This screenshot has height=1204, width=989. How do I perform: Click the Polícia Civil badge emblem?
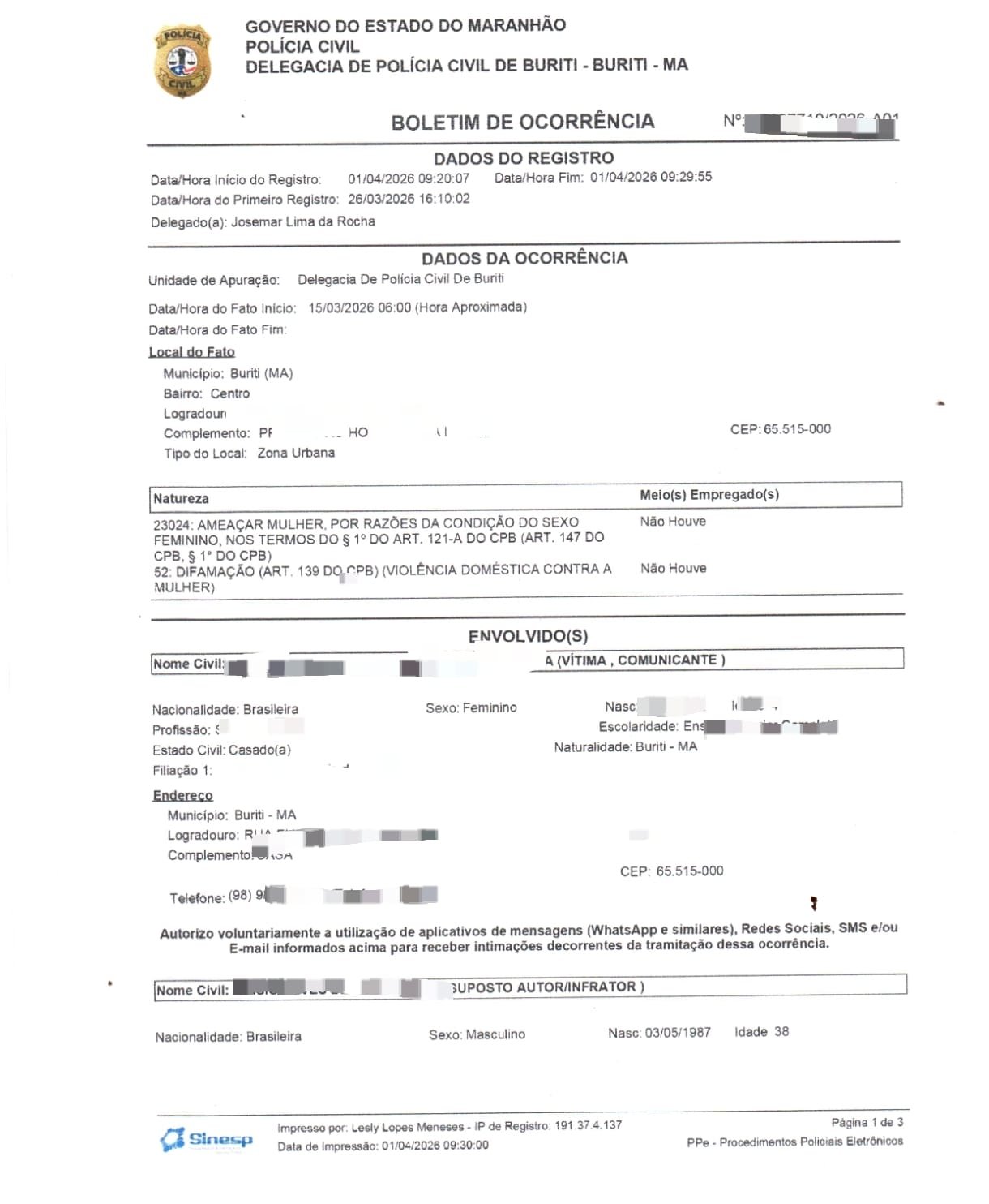click(182, 61)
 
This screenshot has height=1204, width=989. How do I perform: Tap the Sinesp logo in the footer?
click(207, 1139)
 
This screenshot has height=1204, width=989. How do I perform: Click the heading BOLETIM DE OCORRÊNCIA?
click(522, 123)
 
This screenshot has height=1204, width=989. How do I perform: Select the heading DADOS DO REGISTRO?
click(524, 158)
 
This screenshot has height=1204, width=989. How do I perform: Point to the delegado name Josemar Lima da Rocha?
click(302, 221)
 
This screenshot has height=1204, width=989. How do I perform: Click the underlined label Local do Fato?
click(191, 352)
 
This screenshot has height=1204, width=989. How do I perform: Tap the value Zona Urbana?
click(296, 453)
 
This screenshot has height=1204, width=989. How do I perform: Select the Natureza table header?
click(181, 499)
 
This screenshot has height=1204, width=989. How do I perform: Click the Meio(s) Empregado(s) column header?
click(709, 495)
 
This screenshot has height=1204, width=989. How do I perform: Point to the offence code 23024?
click(171, 525)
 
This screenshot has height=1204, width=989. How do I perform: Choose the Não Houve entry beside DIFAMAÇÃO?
click(673, 569)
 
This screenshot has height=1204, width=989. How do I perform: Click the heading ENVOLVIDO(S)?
click(528, 636)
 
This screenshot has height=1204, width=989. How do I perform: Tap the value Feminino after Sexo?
click(490, 708)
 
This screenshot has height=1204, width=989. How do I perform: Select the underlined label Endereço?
click(182, 796)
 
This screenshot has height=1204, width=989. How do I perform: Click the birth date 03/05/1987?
click(677, 1033)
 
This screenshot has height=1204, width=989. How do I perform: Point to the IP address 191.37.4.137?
click(588, 1125)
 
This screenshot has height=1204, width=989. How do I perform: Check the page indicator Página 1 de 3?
click(867, 1122)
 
